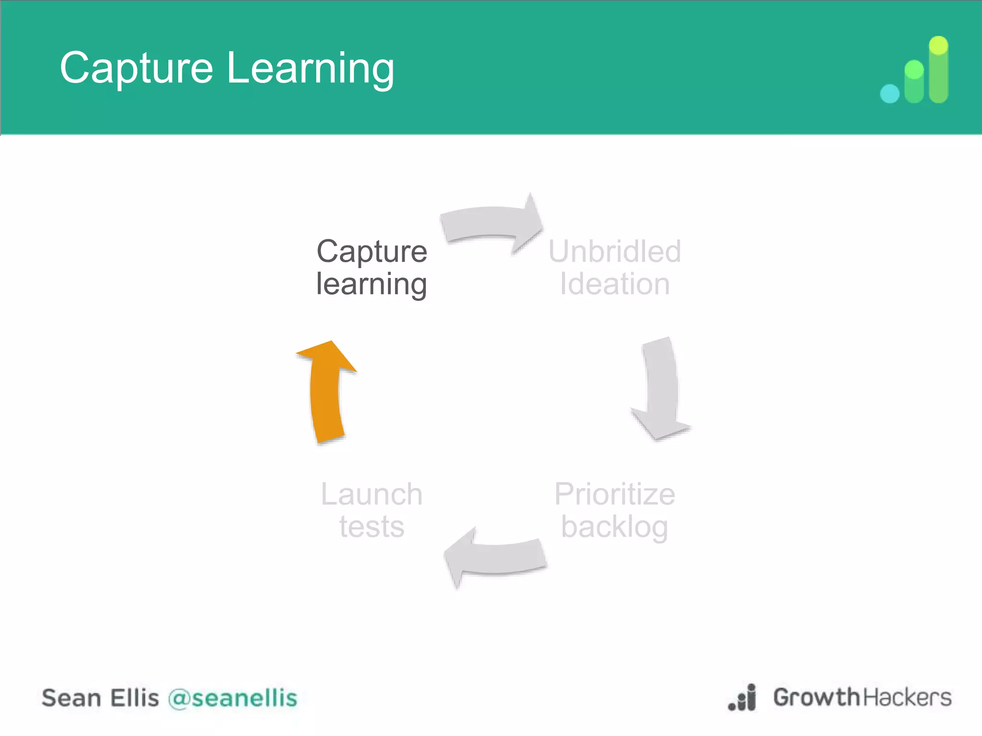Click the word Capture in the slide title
coord(136,69)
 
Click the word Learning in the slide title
coord(310,69)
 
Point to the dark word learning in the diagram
coord(371,285)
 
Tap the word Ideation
coord(614,284)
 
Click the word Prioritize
coord(614,494)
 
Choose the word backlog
coord(614,528)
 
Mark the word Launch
coord(372,494)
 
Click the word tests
coord(372,527)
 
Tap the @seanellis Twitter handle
coord(233,698)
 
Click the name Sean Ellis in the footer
coord(100,698)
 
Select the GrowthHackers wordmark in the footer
coord(862,697)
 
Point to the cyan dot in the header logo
coord(889,93)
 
